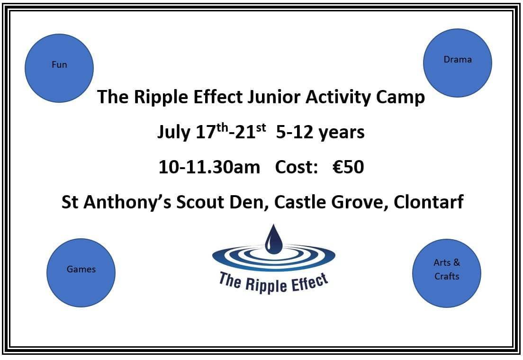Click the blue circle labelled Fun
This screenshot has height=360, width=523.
point(59,68)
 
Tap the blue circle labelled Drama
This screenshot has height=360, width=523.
point(458,63)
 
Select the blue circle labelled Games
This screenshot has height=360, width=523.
point(81,273)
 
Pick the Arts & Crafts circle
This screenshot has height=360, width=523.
point(447,273)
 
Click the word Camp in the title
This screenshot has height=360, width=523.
point(401,98)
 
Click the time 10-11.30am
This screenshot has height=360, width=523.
point(209,167)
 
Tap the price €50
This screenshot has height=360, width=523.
point(348,167)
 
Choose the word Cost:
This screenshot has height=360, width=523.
point(296,167)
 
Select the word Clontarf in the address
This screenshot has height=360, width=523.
point(429,202)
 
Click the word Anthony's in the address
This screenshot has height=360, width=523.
point(127,203)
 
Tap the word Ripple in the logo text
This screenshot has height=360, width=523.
point(266,285)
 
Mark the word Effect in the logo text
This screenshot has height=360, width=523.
point(309,282)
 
